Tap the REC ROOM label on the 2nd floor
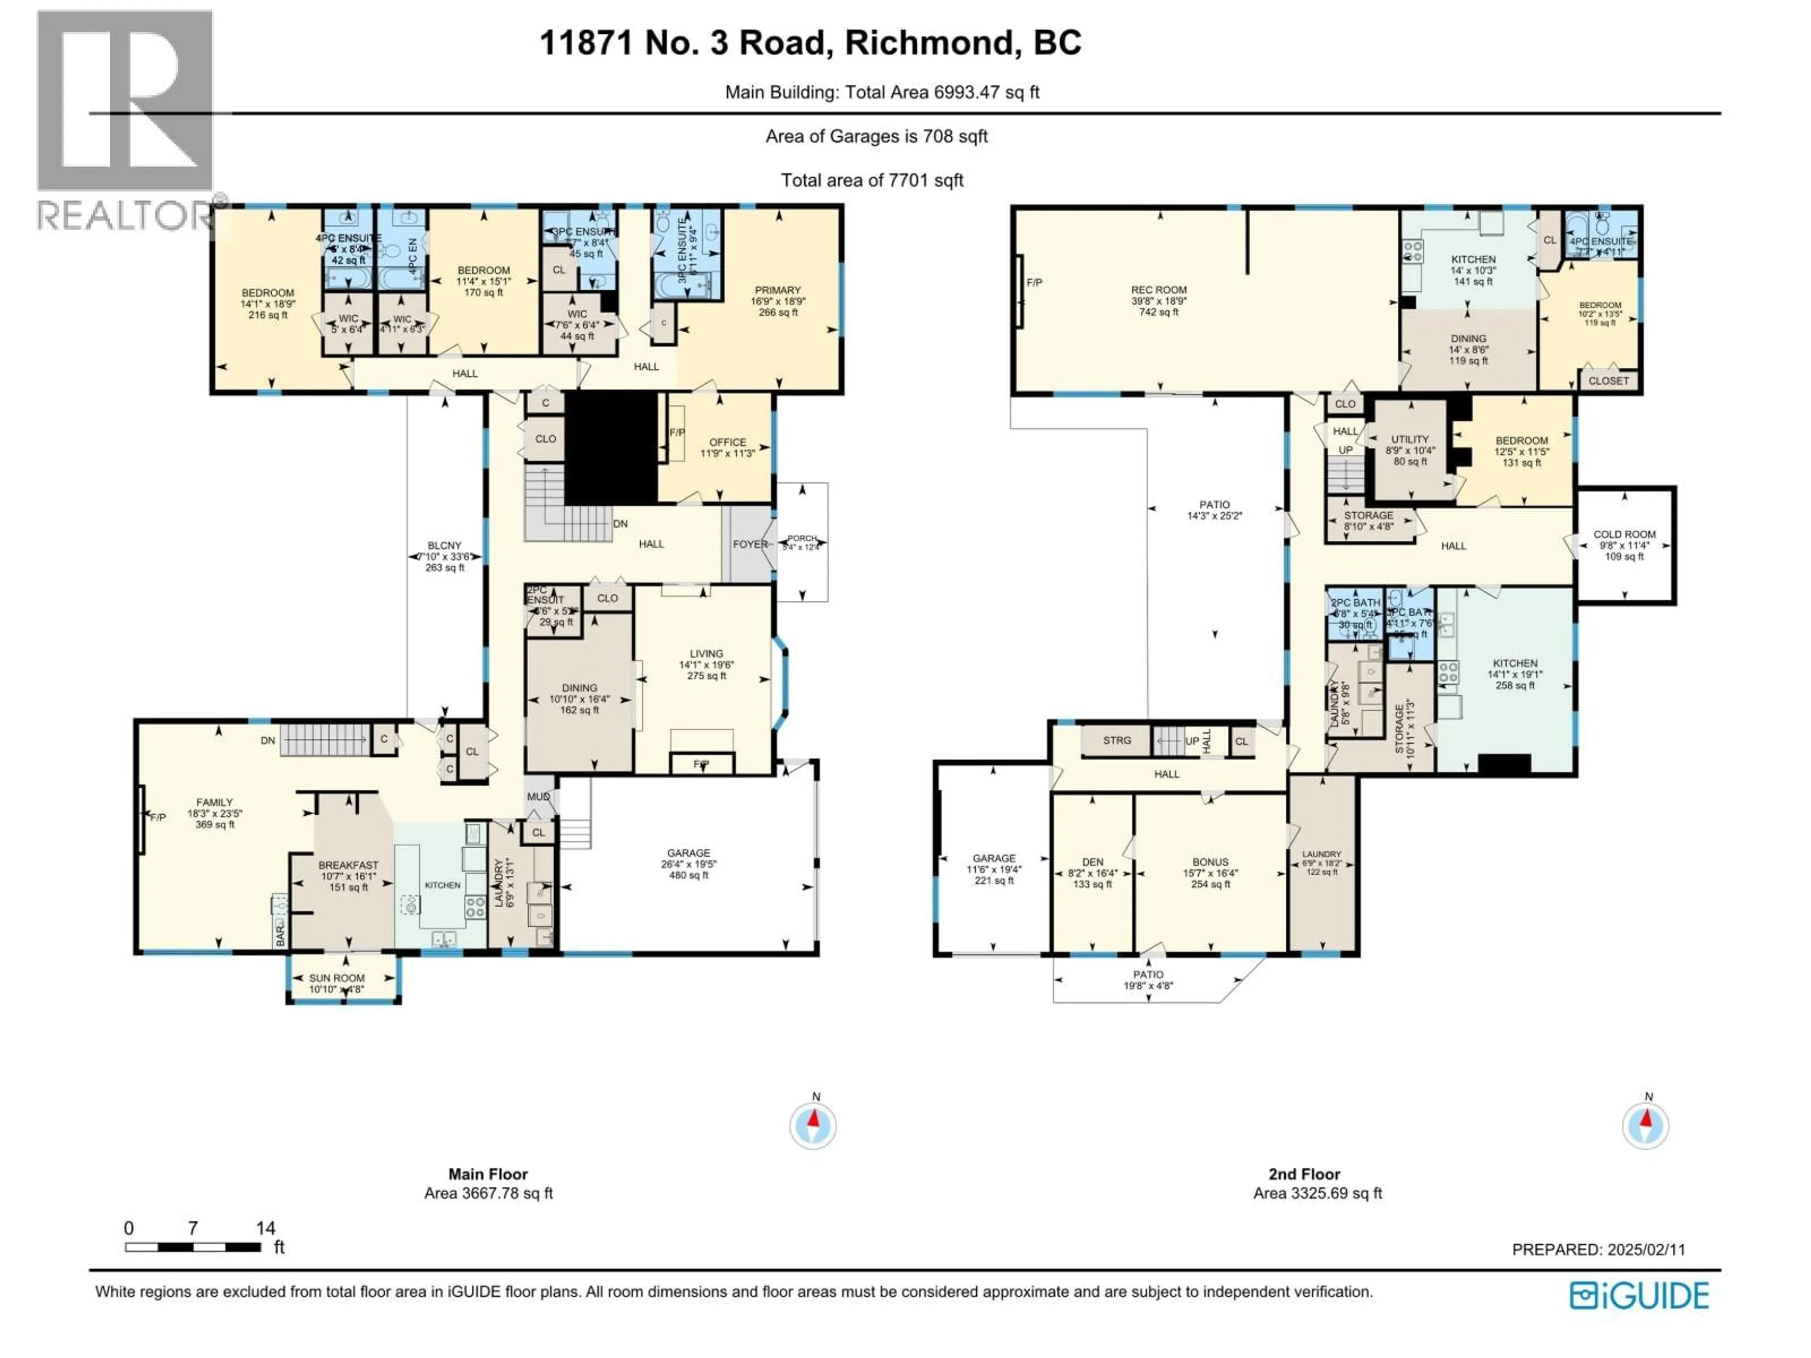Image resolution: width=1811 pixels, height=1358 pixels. [x=1158, y=290]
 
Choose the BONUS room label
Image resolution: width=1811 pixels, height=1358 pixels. [x=1210, y=862]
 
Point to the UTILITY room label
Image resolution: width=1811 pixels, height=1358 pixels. [x=1409, y=439]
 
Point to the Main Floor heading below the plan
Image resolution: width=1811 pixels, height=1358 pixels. [x=488, y=1174]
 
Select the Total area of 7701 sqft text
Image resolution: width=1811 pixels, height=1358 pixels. [x=872, y=180]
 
